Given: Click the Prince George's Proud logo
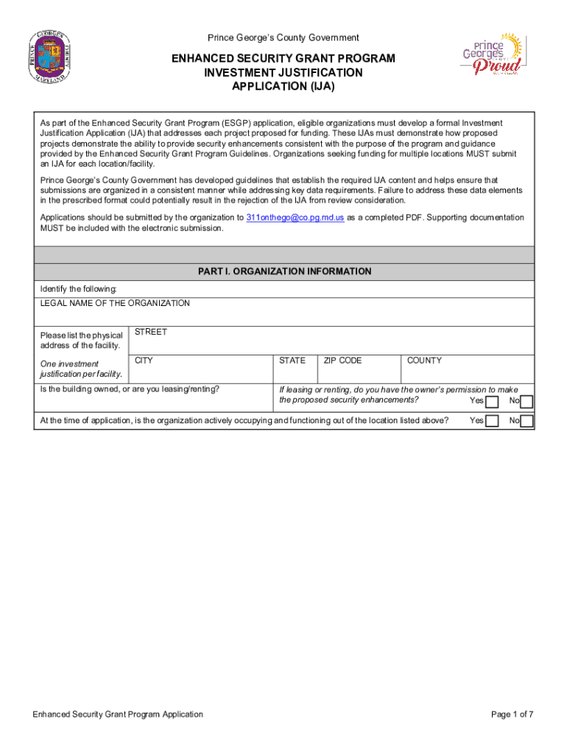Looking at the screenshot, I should click(491, 55).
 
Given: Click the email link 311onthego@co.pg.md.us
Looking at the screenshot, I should click(295, 218).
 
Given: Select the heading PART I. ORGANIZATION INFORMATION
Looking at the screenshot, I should click(284, 271).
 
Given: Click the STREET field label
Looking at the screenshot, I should click(150, 332).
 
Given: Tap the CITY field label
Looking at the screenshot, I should click(144, 361).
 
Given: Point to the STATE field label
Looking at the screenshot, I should click(292, 361).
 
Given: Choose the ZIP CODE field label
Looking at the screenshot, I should click(342, 361).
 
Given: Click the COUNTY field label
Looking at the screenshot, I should click(424, 361).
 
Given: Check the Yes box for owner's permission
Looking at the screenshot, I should click(492, 402).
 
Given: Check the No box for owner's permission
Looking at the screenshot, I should click(526, 402).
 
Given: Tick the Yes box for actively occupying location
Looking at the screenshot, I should click(492, 422).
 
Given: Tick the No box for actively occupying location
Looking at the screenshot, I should click(526, 422).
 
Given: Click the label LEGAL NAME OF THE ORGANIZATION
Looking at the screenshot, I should click(115, 303).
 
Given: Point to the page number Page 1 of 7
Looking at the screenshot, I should click(512, 714).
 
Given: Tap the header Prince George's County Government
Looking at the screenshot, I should click(283, 38).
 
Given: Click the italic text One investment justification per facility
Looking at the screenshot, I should click(80, 369).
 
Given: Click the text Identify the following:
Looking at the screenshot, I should click(78, 288).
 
